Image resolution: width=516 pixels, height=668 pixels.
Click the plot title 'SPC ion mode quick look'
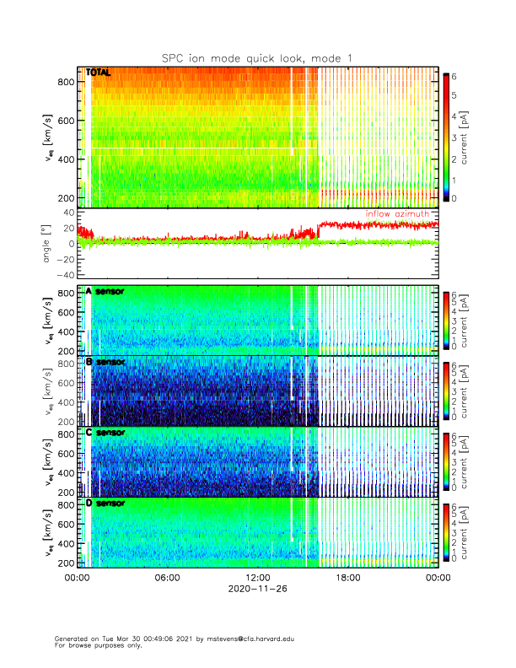(x=257, y=57)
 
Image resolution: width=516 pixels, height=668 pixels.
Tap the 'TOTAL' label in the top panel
(x=98, y=73)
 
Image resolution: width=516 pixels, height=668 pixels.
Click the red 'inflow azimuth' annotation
(x=397, y=214)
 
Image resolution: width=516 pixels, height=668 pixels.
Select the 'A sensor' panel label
(x=105, y=291)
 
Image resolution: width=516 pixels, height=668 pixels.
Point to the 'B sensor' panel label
(x=105, y=362)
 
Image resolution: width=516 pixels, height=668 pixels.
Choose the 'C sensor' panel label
(x=105, y=433)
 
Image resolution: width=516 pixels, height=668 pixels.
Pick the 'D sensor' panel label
(x=105, y=504)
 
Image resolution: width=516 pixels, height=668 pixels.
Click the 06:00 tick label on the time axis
(x=167, y=578)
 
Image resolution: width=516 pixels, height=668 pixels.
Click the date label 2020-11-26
(x=257, y=590)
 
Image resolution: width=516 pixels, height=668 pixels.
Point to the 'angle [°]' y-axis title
(x=48, y=244)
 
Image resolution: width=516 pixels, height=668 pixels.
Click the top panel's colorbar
(x=446, y=136)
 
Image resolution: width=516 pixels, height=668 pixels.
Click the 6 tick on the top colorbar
(x=456, y=76)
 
